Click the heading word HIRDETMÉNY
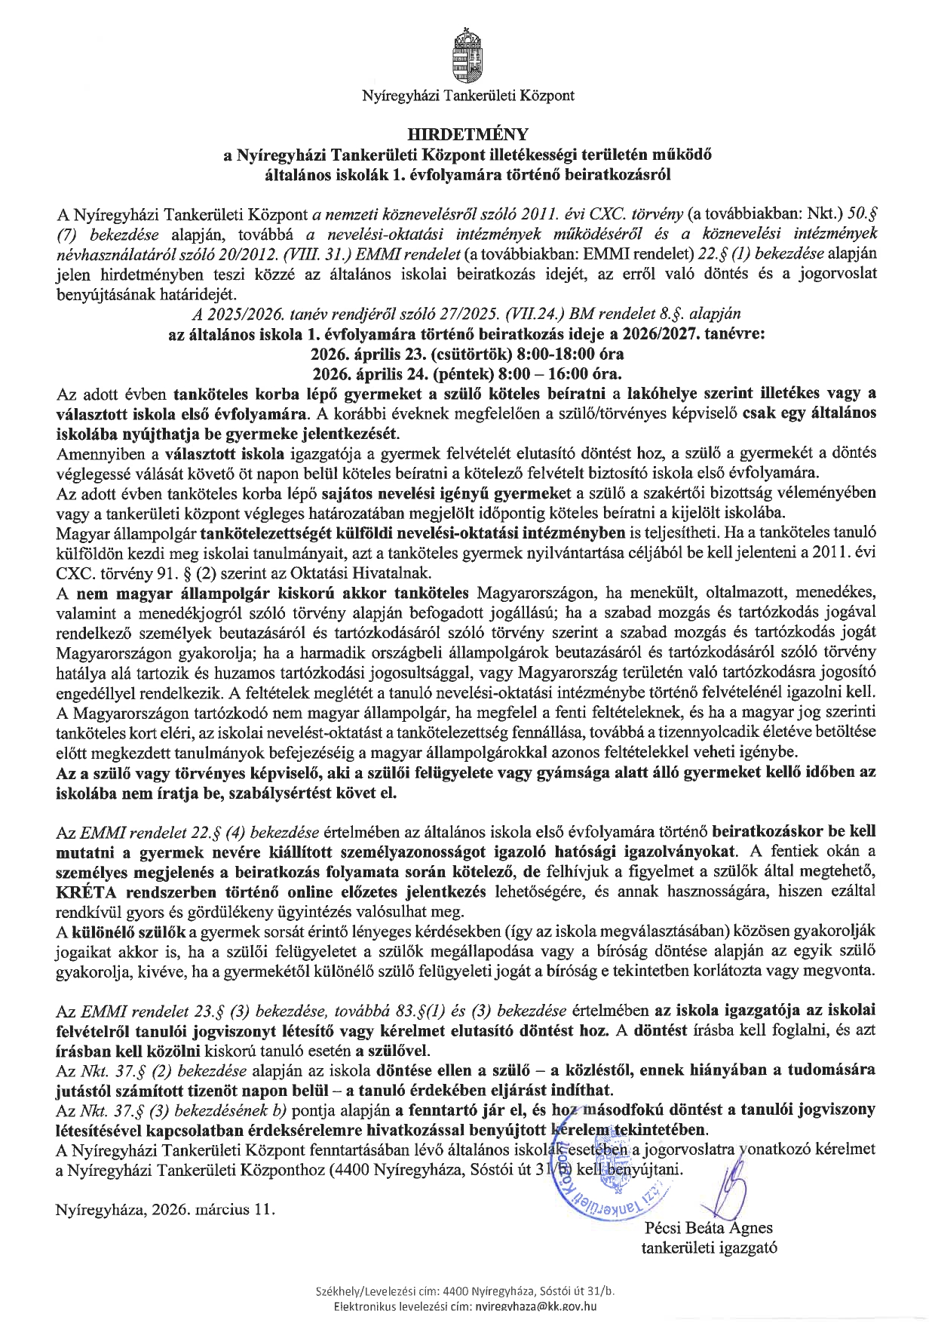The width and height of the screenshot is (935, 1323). coord(467,135)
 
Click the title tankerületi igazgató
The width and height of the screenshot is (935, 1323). coord(709,1247)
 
